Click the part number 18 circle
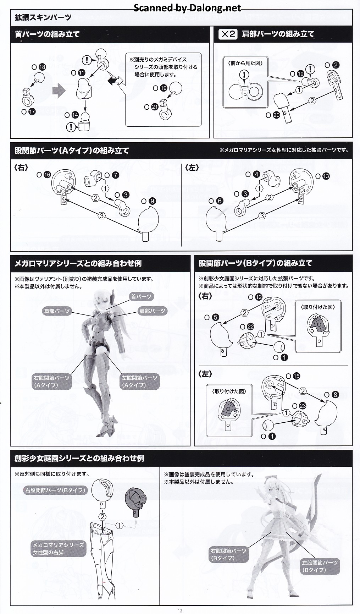[x=43, y=67]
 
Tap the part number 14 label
[x=75, y=115]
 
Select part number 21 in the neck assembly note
[x=155, y=106]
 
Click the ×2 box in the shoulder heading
[x=228, y=34]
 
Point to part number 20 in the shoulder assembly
[x=276, y=115]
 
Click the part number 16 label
[x=47, y=175]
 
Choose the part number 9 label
[x=152, y=201]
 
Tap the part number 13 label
[x=326, y=176]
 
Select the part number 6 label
[x=220, y=201]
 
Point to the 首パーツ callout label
[x=141, y=296]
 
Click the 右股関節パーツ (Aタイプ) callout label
[x=52, y=381]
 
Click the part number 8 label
[x=336, y=394]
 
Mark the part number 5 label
[x=216, y=318]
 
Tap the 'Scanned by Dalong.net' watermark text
[x=187, y=8]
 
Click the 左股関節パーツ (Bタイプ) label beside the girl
[x=320, y=566]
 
